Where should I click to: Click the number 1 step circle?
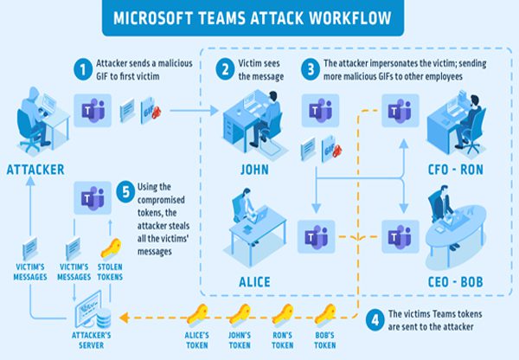(x=82, y=67)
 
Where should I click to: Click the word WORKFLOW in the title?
(x=351, y=17)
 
